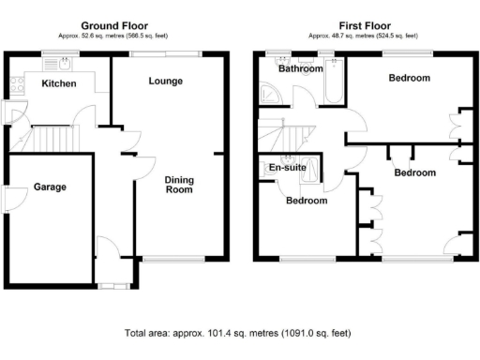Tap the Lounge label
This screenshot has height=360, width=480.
(x=165, y=82)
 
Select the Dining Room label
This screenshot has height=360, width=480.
(x=178, y=185)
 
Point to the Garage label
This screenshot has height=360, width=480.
(x=50, y=187)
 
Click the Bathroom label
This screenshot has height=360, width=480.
(x=301, y=68)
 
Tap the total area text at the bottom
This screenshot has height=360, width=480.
(x=238, y=332)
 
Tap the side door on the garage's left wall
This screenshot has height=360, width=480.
(x=7, y=200)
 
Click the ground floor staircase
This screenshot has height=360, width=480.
(x=52, y=141)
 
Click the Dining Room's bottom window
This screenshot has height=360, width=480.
(x=174, y=258)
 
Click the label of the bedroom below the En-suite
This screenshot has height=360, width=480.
(x=307, y=201)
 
